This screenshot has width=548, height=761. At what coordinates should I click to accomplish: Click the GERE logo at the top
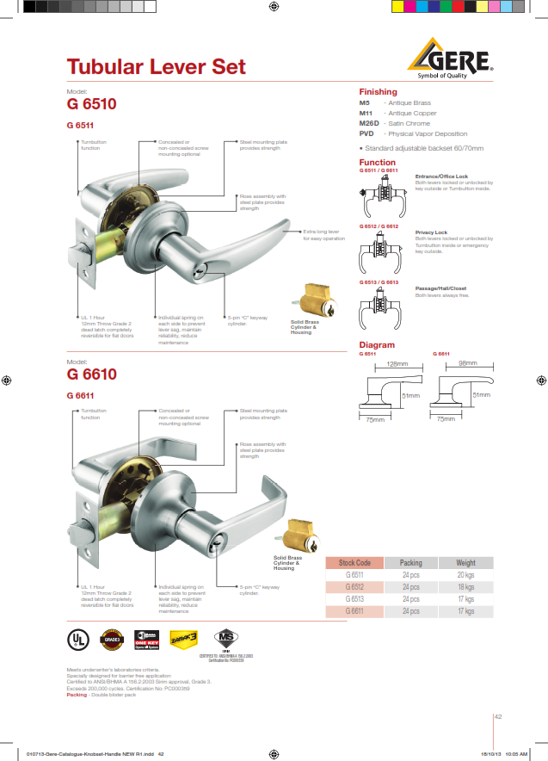(450, 59)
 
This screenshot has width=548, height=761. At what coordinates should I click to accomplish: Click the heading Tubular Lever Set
(156, 67)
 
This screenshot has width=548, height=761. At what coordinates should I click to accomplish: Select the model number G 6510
(91, 105)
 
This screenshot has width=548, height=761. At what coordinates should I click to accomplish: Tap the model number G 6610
(91, 374)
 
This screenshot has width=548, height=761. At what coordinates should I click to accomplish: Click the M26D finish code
(368, 123)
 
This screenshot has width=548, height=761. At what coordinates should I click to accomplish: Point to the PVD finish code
(366, 133)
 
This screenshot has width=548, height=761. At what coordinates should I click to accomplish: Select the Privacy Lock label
(431, 232)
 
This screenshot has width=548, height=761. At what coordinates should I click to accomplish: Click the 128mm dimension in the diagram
(397, 364)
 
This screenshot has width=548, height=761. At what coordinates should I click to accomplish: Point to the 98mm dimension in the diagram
(469, 364)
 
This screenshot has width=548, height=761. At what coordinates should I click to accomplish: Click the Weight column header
(465, 563)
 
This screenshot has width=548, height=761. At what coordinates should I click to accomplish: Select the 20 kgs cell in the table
(465, 575)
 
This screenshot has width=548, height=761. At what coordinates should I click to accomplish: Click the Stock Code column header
(355, 563)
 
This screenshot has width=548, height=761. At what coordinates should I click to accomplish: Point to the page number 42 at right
(498, 715)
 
